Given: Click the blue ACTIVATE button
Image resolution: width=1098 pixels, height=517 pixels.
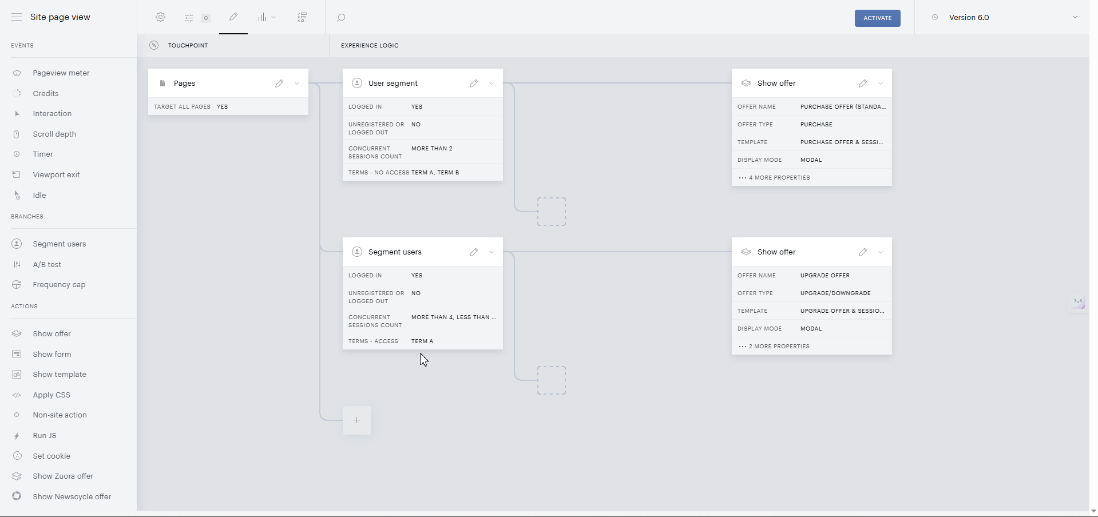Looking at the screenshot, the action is (877, 18).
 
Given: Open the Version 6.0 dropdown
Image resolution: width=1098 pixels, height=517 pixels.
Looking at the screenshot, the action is (1075, 17).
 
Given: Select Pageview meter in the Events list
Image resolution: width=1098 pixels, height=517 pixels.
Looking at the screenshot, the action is (61, 73).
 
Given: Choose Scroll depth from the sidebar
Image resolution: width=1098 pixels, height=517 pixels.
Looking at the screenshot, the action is (54, 134).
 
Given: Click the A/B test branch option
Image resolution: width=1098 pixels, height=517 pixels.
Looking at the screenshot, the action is (47, 264).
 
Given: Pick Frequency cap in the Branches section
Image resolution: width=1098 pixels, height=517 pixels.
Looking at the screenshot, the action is (59, 285).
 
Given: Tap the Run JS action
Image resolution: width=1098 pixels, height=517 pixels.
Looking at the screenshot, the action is (45, 436).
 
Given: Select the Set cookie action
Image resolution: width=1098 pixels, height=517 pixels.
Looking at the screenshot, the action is (51, 456).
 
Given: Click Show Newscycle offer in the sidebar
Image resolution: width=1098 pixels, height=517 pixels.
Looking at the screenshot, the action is (72, 496).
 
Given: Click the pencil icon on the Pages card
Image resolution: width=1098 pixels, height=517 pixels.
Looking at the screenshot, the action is (279, 83).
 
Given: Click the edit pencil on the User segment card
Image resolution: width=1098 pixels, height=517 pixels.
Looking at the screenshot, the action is (474, 83).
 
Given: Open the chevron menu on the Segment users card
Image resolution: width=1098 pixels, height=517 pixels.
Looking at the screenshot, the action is (491, 252).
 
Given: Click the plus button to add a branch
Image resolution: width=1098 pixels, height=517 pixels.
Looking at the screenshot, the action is (357, 420).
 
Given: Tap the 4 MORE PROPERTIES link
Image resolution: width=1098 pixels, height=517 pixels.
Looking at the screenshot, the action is (774, 178).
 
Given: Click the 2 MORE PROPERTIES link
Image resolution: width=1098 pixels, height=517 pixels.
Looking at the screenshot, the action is (774, 347).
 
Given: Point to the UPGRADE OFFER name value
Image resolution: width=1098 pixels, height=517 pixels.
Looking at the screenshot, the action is (825, 276).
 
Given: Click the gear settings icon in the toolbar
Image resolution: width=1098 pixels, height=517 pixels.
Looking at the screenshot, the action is (161, 17).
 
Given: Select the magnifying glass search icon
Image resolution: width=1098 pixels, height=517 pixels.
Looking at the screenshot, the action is (341, 18).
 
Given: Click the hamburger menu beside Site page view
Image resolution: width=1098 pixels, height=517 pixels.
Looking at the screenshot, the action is (17, 17).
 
